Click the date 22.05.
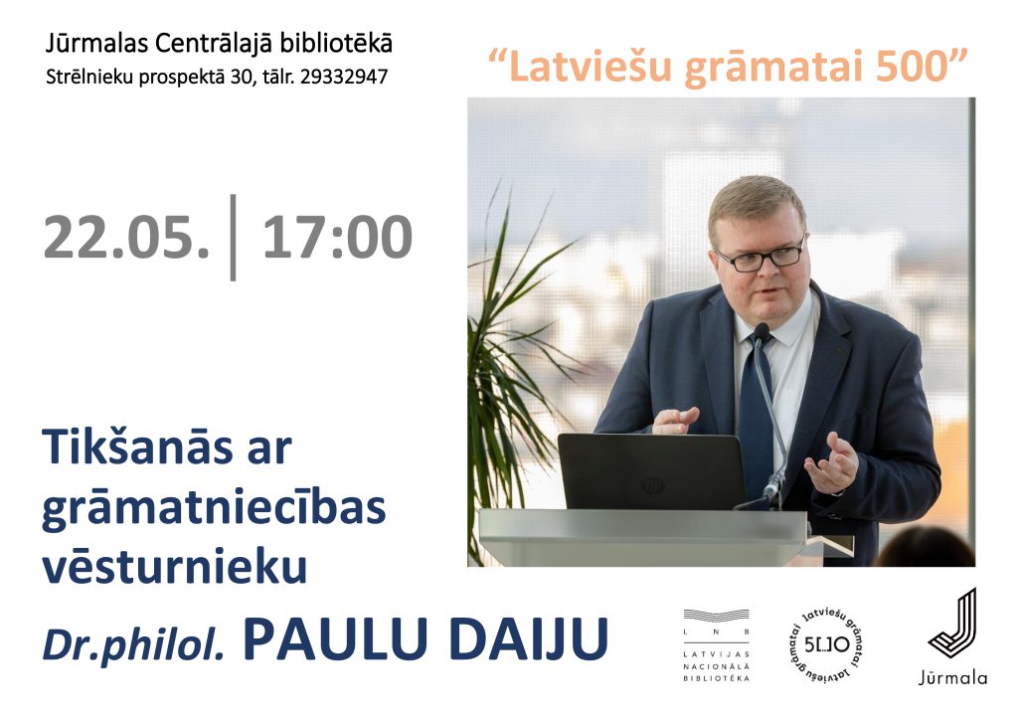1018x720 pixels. pos(126,237)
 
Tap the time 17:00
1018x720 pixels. pos(337,237)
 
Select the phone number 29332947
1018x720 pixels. pos(343,77)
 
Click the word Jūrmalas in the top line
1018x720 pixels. pos(98,44)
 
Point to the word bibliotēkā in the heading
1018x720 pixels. pos(336,44)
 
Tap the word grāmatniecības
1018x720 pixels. pos(214,509)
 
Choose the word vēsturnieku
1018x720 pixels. pos(175,565)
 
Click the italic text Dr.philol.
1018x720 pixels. pos(134,642)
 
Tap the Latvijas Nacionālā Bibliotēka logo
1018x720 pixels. pos(717,645)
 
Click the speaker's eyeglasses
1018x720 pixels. pos(761,258)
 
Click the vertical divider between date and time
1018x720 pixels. pos(233,238)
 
